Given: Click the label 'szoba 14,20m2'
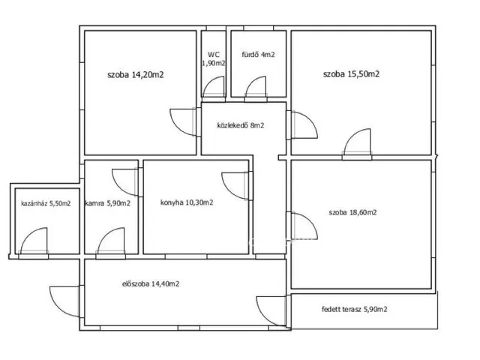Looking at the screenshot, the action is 136,75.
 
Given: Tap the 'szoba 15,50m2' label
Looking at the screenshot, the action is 352,74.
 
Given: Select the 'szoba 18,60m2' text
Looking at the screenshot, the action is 353,212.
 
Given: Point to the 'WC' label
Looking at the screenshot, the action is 214,55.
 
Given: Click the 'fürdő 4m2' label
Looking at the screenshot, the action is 258,55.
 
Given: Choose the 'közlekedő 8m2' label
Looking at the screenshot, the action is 241,125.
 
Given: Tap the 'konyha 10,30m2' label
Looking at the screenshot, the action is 187,202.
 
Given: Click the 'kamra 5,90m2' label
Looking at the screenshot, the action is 108,203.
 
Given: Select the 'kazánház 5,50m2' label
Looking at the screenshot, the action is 46,203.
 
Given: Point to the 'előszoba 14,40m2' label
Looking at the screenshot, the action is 151,284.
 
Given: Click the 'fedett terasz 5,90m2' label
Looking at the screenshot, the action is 355,309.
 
